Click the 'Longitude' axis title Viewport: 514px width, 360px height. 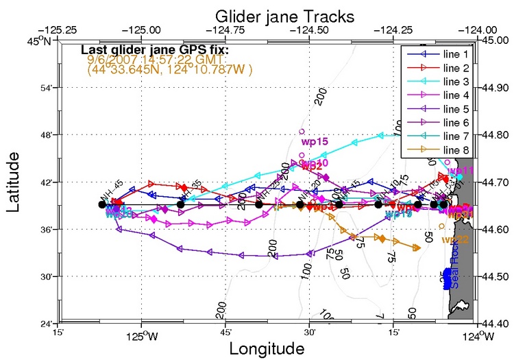(267, 348)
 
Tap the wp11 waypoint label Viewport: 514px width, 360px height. (460, 170)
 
